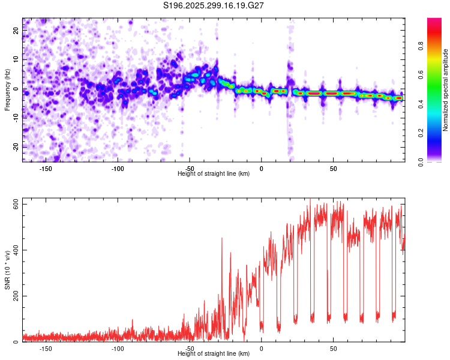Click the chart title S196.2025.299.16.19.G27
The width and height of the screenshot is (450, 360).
pos(214,5)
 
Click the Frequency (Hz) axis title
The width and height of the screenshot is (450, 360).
pos(7,89)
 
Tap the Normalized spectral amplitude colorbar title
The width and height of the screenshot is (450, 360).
pos(446,91)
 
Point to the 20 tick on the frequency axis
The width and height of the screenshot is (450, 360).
pos(16,31)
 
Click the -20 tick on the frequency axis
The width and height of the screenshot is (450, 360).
pos(15,147)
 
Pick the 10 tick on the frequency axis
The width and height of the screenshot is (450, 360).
pos(16,60)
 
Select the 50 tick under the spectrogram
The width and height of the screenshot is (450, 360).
pos(333,169)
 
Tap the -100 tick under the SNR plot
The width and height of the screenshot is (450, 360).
pos(118,349)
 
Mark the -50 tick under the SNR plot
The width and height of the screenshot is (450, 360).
pos(190,349)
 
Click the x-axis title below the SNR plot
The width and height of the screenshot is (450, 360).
pos(214,354)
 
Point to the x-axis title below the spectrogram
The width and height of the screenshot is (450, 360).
pos(214,174)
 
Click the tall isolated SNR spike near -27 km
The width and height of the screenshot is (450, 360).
pos(222,240)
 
